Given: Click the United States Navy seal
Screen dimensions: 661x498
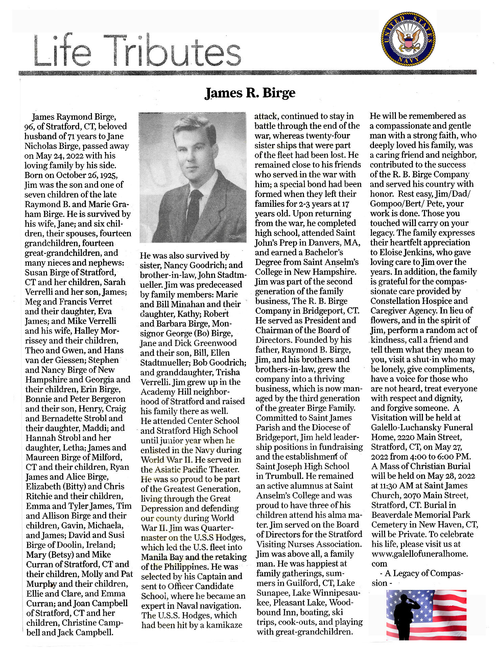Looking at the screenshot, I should click(x=408, y=40).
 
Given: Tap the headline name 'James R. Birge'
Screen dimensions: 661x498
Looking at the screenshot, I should click(x=250, y=93).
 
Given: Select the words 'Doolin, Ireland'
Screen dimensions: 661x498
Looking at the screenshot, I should click(x=86, y=545).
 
